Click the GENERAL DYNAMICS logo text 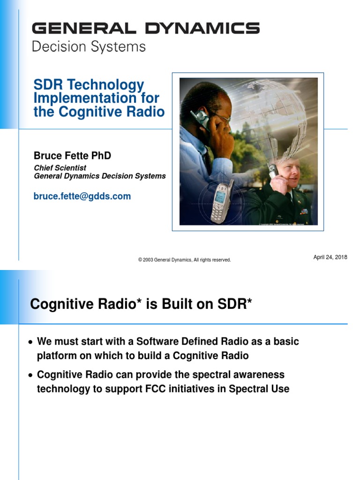point(145,29)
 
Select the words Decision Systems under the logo point(89,47)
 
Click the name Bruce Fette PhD point(72,156)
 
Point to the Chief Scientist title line point(60,168)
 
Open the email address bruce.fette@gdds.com point(82,196)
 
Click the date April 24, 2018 point(330,257)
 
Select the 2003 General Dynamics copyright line point(184,260)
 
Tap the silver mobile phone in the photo point(222,202)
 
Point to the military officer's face point(288,171)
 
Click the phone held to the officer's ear point(272,171)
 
